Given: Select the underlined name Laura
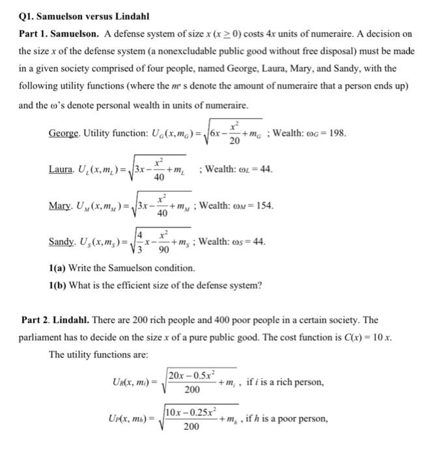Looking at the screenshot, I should pos(61,169).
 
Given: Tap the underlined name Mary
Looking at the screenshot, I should pos(61,206).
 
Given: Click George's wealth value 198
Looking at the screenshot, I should pos(337,134).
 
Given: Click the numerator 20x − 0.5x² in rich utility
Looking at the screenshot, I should pos(191,375).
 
